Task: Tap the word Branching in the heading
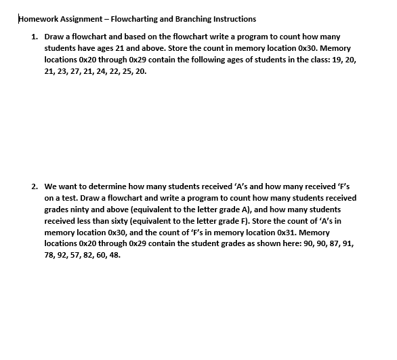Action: (193, 18)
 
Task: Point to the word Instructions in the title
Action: (235, 18)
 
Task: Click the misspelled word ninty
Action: (84, 209)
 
